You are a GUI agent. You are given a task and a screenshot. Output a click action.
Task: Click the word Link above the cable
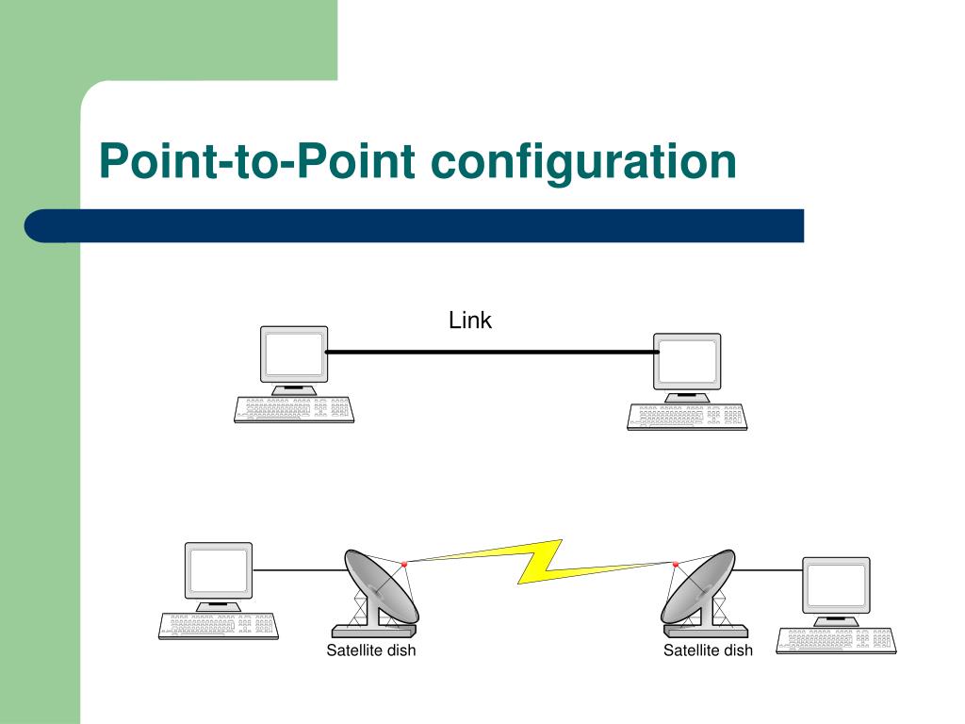[470, 321]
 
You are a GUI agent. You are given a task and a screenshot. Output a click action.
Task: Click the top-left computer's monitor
[294, 354]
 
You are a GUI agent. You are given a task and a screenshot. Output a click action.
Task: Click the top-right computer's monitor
[687, 361]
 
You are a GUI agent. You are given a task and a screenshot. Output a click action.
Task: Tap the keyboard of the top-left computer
[294, 409]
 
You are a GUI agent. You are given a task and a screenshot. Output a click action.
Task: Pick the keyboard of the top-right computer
[687, 417]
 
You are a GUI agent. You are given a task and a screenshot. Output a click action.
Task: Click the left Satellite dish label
[371, 650]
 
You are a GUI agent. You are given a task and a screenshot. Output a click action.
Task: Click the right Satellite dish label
[708, 650]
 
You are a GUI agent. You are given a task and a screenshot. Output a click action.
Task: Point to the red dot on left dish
[404, 564]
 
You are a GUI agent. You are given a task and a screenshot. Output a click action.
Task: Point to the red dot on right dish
[676, 564]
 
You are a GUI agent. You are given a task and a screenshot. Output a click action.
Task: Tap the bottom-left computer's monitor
[219, 570]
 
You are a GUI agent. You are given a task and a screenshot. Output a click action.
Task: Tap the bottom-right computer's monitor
[836, 584]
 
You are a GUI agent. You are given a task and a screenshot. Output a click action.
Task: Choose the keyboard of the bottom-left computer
[219, 626]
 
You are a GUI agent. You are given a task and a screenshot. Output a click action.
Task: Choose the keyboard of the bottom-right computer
[836, 640]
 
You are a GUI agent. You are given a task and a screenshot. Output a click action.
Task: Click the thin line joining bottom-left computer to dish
[300, 570]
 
